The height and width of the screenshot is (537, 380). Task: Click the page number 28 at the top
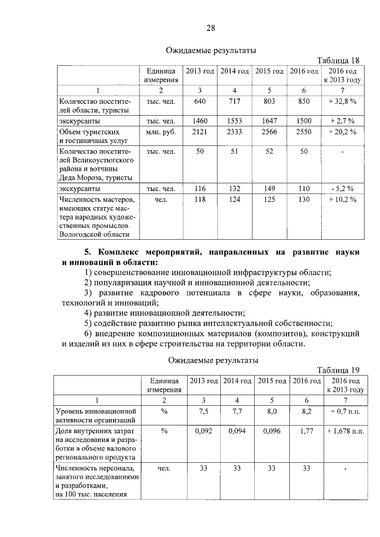[x=211, y=28]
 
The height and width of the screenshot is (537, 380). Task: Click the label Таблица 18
[x=338, y=61]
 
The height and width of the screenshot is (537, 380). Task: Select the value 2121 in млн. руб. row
[x=200, y=131]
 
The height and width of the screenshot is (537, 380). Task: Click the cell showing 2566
[x=269, y=131]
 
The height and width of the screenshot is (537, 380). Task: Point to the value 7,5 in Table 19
[x=204, y=410]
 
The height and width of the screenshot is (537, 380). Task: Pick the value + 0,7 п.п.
[x=345, y=410]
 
